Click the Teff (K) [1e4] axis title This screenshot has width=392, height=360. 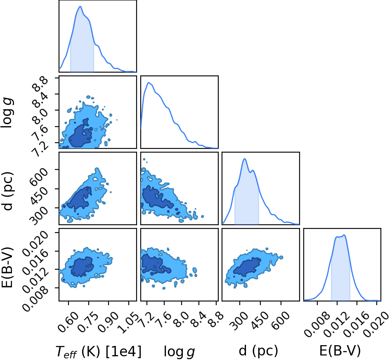pyautogui.click(x=98, y=352)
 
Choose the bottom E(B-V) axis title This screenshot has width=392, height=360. pyautogui.click(x=340, y=351)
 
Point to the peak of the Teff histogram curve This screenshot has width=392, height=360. pyautogui.click(x=80, y=7)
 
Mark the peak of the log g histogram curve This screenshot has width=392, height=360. pyautogui.click(x=149, y=82)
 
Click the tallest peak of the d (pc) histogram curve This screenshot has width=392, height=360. pyautogui.click(x=245, y=159)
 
